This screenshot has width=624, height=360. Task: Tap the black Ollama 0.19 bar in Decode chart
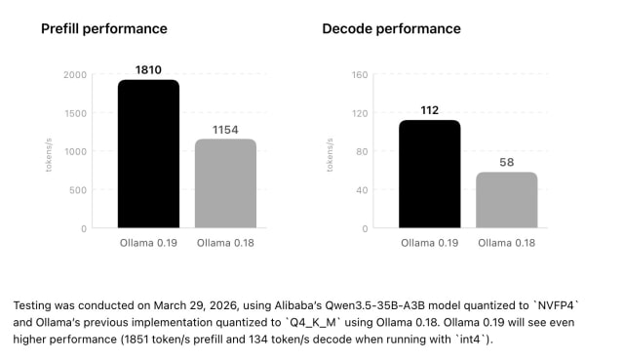[x=430, y=175]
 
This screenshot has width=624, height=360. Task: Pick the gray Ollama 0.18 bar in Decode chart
[x=507, y=201]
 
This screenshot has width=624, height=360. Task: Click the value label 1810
[x=148, y=70]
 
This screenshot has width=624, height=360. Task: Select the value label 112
[x=430, y=109]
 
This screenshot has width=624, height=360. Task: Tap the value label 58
[x=507, y=162]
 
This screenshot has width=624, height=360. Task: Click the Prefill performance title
[x=103, y=28]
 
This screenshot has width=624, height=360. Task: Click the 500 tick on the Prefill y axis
[x=77, y=190]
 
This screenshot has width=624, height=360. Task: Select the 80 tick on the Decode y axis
[x=361, y=151]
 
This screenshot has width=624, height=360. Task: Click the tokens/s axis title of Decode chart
[x=331, y=152]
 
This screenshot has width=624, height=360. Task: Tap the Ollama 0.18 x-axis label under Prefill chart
[x=225, y=242]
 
